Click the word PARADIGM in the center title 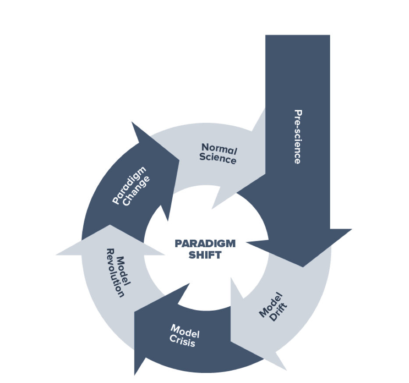(x=205, y=244)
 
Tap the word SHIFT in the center (x=205, y=255)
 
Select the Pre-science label (x=297, y=137)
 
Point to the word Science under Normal (x=217, y=159)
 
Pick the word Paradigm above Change (x=128, y=184)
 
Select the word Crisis (x=183, y=341)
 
